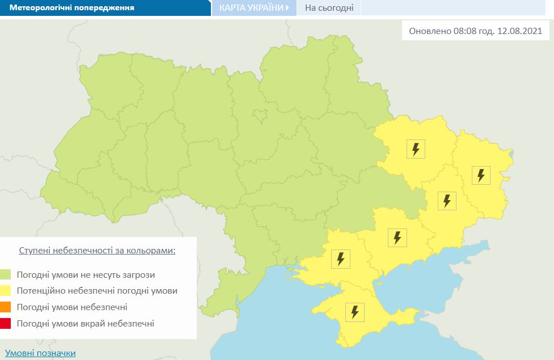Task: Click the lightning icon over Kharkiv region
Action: [416, 149]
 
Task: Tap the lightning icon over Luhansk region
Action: [481, 175]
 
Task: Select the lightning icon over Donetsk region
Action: [447, 201]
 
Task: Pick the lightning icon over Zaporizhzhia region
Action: [397, 237]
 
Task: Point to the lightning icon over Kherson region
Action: [340, 259]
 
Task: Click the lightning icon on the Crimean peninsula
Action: [355, 311]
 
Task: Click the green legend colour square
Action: [6, 275]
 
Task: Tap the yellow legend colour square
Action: [6, 291]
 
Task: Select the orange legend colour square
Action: [6, 307]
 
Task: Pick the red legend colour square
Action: [6, 324]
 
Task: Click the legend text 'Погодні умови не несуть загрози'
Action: [86, 275]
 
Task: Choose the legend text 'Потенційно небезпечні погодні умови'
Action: [97, 291]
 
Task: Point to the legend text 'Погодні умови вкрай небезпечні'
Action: [85, 324]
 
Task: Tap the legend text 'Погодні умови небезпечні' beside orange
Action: [72, 307]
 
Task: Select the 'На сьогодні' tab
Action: [329, 8]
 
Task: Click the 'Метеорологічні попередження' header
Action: [71, 8]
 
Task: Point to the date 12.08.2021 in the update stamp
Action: [519, 31]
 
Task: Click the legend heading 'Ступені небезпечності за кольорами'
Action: [97, 250]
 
